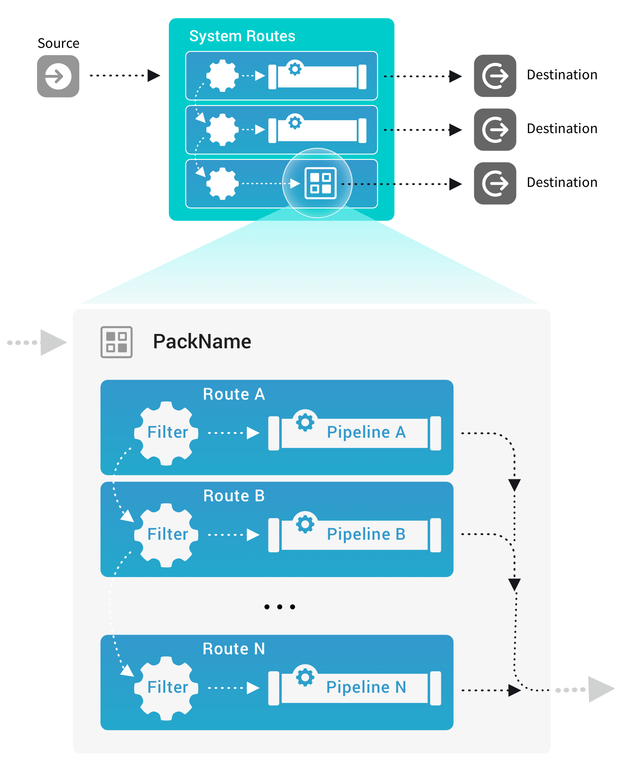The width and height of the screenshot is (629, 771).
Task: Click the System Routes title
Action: tap(242, 36)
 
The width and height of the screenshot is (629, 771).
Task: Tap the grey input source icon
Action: tap(58, 76)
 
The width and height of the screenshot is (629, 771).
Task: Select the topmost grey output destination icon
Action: tap(495, 76)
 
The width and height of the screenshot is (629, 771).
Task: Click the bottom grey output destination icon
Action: tap(495, 183)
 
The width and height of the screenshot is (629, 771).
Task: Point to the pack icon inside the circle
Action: tap(320, 183)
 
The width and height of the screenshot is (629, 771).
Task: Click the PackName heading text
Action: tap(202, 342)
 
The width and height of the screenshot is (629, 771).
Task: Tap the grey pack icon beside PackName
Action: tap(116, 342)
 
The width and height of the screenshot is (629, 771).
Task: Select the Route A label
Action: tap(234, 394)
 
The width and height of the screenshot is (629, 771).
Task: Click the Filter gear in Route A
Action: tap(166, 433)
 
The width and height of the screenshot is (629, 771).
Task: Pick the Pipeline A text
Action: tap(366, 432)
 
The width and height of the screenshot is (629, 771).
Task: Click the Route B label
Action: tap(234, 496)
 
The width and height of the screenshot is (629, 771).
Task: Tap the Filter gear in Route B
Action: tap(166, 535)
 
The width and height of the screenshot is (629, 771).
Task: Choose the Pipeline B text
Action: tap(366, 534)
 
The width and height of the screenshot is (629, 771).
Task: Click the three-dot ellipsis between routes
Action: tap(279, 606)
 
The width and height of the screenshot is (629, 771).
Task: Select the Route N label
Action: tap(234, 649)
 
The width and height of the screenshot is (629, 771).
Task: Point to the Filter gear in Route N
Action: tap(166, 688)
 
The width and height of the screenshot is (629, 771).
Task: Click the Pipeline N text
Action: tap(366, 687)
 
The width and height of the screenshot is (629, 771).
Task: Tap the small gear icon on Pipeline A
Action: tap(305, 422)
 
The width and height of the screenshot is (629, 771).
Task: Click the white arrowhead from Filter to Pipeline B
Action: tap(253, 535)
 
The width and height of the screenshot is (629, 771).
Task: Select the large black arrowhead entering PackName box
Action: tap(52, 342)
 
